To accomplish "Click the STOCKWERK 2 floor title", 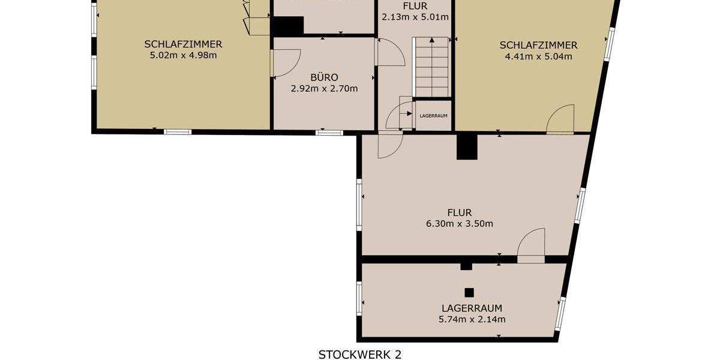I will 359,354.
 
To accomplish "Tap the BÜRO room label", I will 324,77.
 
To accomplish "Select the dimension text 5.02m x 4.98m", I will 183,56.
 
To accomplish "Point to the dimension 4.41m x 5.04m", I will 538,57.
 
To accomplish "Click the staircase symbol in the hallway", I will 431,66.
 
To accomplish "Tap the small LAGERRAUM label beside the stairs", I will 434,116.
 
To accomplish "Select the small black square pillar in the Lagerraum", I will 469,293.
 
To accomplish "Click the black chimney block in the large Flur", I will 467,147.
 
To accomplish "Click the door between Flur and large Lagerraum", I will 532,246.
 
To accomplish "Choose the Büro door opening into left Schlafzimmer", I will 284,63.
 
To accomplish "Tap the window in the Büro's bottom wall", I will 329,132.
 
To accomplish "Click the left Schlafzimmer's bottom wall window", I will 178,131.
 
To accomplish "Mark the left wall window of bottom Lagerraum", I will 359,298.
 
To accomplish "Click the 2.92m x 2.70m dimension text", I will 324,89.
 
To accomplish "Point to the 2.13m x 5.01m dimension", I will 415,17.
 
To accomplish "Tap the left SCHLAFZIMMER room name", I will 183,44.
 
